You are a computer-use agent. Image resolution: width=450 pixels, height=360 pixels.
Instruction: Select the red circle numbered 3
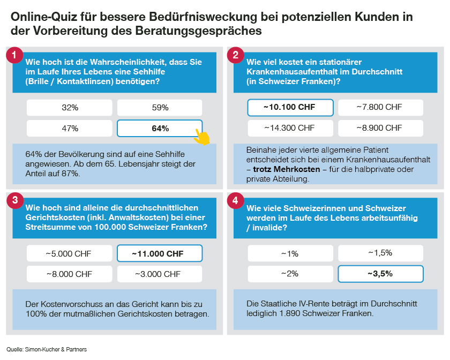point(14,200)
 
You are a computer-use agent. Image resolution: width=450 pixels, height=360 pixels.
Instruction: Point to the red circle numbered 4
point(235,200)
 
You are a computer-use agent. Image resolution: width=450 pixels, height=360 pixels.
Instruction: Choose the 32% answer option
point(70,108)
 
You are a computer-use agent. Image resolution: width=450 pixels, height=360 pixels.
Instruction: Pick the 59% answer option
point(160,108)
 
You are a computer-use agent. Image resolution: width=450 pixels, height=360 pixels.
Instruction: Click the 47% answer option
point(70,129)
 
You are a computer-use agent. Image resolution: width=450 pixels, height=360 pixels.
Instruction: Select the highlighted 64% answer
point(160,129)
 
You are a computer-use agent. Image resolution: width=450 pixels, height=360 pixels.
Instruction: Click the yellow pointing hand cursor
point(202,136)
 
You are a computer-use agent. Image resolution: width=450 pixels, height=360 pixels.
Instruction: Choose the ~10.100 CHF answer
point(290,108)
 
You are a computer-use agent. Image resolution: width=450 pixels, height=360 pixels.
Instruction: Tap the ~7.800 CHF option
point(380,108)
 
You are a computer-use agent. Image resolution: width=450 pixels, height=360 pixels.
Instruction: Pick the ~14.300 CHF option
point(290,128)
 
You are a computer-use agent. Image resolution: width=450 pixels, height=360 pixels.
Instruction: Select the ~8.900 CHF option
point(380,128)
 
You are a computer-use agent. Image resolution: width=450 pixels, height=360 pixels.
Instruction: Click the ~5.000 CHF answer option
point(70,253)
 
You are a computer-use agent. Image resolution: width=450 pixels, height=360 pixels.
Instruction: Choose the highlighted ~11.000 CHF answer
point(160,253)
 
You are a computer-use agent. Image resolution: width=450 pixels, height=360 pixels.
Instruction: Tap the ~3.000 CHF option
point(160,274)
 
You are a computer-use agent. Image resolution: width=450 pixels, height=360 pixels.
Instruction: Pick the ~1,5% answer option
point(380,253)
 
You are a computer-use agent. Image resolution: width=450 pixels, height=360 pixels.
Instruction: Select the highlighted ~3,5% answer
point(380,274)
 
